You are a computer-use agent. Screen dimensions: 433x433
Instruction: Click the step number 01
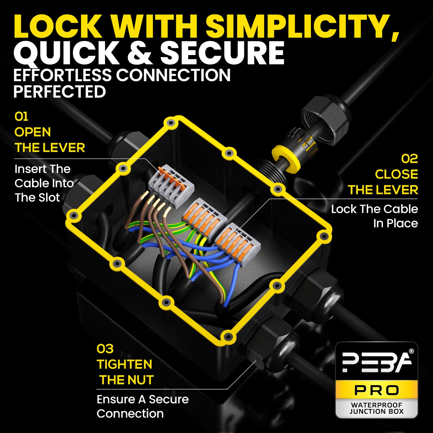point(21,117)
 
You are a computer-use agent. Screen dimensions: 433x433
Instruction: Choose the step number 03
point(105,349)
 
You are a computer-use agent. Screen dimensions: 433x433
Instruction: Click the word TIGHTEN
point(124,364)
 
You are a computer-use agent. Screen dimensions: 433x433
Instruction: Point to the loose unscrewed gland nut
point(325,119)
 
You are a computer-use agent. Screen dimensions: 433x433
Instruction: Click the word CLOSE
point(396,174)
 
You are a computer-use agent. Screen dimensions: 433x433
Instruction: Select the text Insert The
point(43,169)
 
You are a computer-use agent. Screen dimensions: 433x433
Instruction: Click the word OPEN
point(33,132)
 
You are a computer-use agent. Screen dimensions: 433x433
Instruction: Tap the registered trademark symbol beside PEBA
point(411,351)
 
